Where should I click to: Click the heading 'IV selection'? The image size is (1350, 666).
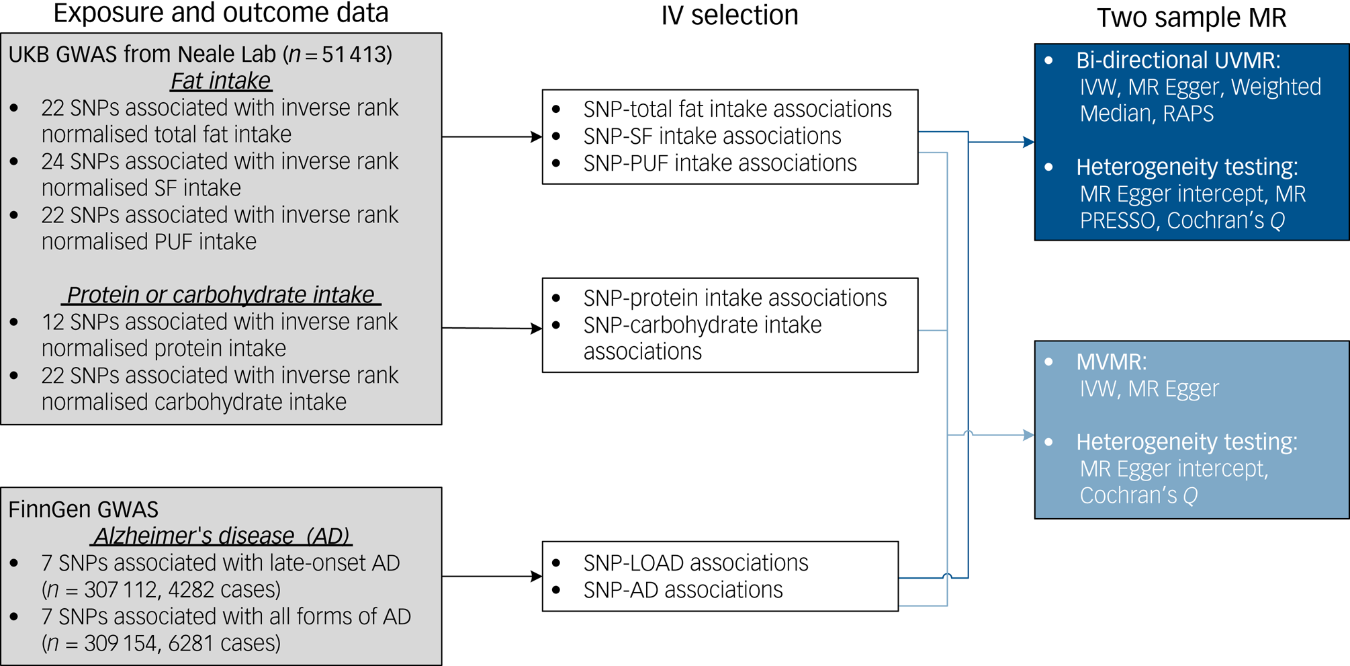click(729, 15)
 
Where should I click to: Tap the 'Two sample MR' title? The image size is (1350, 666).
click(1191, 17)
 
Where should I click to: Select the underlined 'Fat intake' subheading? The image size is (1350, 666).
click(220, 81)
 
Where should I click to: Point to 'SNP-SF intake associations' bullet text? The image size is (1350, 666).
click(712, 136)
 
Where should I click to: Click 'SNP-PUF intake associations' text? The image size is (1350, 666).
click(719, 163)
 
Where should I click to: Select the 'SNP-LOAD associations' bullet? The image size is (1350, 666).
click(695, 563)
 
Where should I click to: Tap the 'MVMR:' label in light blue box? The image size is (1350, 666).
click(1111, 362)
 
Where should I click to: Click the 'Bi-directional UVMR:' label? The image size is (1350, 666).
click(1177, 60)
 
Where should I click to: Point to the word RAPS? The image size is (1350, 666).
click(1188, 114)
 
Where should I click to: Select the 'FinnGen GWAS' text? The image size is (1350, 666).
click(83, 509)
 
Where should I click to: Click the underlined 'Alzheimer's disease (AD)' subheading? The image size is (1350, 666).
click(222, 536)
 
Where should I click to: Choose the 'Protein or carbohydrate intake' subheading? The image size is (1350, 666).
click(220, 295)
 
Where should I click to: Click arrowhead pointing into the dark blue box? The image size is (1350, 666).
click(1028, 142)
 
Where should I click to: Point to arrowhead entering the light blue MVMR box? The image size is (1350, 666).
click(1028, 435)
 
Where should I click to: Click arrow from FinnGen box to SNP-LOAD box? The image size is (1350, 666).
click(492, 576)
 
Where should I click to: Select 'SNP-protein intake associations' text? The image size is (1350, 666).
click(735, 298)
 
